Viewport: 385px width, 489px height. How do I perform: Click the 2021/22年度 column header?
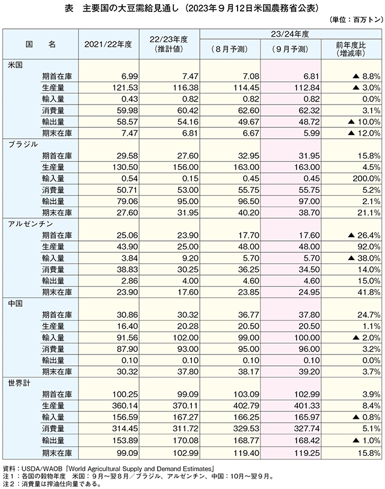(108, 44)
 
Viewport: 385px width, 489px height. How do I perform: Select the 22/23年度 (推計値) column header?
(169, 44)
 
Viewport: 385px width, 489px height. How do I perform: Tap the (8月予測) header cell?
(230, 49)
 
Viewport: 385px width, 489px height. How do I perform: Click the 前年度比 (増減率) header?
(351, 49)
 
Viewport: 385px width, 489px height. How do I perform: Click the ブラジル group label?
(23, 144)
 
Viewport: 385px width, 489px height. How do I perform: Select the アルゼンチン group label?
(31, 224)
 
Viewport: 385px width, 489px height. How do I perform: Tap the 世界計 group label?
(19, 383)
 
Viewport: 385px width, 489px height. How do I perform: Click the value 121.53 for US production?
(125, 88)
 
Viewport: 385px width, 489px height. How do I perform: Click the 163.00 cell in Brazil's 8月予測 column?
(247, 167)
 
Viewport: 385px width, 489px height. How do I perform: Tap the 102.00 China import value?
(186, 338)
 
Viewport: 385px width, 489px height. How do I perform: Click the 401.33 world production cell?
(307, 405)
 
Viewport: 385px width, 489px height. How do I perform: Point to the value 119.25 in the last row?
(307, 452)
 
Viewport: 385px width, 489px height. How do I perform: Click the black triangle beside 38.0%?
(351, 258)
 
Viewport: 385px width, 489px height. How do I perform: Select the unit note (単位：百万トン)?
(356, 20)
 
